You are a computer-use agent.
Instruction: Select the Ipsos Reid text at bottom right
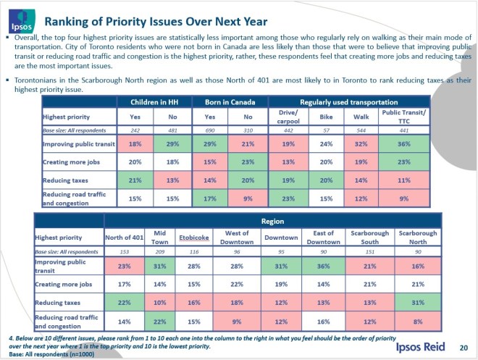[419, 348]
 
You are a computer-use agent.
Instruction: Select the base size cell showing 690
[211, 130]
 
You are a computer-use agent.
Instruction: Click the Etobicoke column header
[196, 237]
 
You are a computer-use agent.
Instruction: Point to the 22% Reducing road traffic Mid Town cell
[160, 320]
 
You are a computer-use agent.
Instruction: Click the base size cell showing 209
[160, 251]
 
